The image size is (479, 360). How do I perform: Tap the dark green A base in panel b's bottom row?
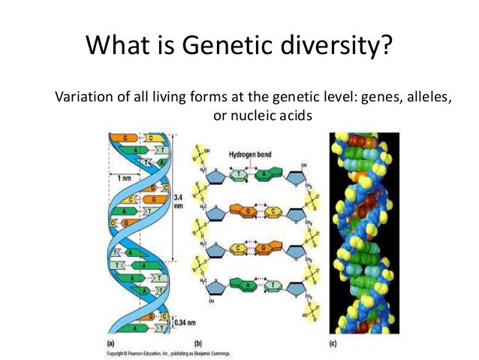[243, 286]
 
